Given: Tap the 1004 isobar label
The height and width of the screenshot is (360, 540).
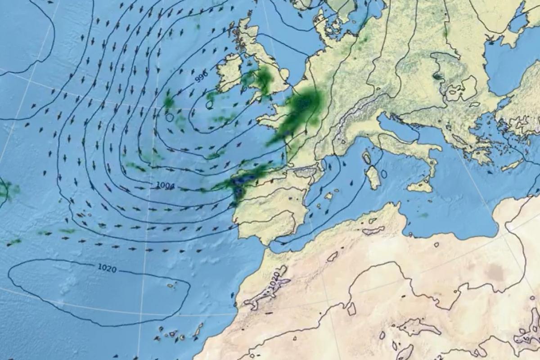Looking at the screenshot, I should tap(165, 185).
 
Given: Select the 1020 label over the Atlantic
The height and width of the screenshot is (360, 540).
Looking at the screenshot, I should tap(107, 269).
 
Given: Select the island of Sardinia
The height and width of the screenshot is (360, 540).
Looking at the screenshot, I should tap(373, 177).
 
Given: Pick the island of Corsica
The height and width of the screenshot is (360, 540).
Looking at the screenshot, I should tap(367, 157).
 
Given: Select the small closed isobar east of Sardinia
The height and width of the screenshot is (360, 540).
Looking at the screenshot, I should tap(383, 174).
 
